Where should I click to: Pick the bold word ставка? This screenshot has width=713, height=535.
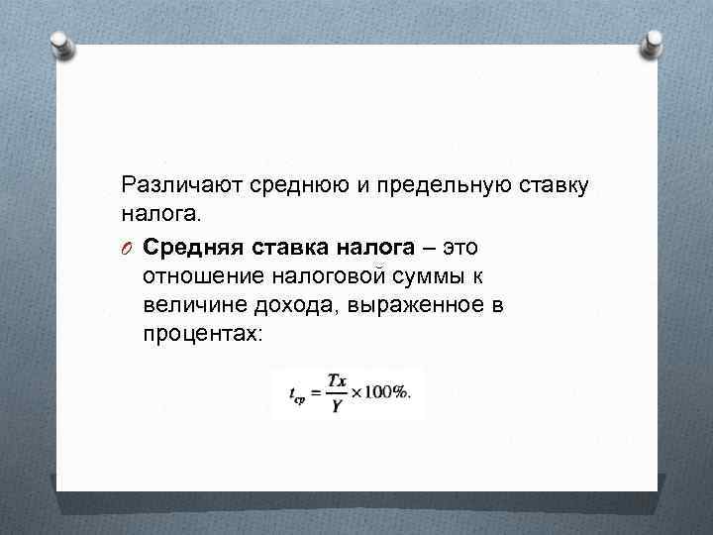pyautogui.click(x=282, y=245)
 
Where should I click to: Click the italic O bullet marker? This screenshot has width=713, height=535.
pyautogui.click(x=127, y=246)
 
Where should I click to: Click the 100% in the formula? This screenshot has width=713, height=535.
pyautogui.click(x=388, y=393)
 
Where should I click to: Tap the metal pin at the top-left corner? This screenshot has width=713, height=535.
pyautogui.click(x=60, y=43)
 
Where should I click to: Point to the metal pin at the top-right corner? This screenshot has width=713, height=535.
pyautogui.click(x=653, y=43)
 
